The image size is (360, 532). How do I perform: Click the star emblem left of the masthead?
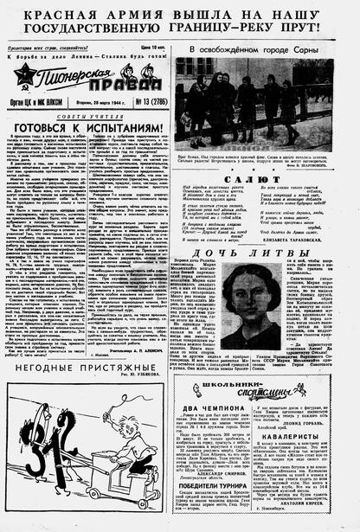(x=24, y=79)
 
